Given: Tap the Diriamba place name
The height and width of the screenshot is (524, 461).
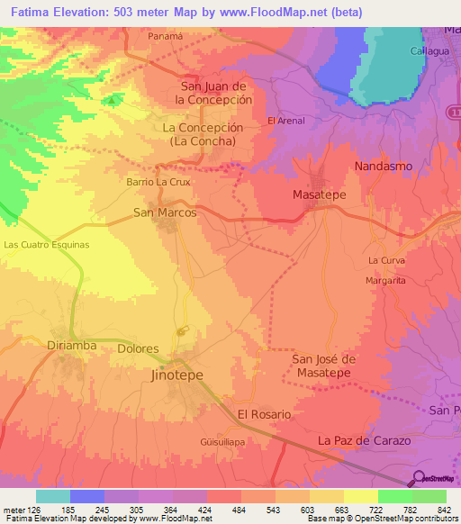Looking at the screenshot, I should (70, 345).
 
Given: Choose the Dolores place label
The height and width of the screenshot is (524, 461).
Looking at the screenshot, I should (138, 348).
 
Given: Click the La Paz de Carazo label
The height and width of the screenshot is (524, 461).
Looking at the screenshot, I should (364, 440).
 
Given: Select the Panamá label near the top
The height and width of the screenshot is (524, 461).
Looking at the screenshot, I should (165, 36).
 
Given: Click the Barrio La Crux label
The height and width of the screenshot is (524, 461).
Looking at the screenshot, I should (158, 181).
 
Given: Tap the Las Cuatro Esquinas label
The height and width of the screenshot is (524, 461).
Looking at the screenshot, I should (47, 245).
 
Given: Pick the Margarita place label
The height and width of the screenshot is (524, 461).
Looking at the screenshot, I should (387, 279).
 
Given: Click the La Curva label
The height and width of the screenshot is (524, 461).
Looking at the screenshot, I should (385, 259).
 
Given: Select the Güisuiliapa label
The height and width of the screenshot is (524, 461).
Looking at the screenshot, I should (221, 443).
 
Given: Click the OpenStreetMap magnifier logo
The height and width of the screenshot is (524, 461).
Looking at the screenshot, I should (418, 479).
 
